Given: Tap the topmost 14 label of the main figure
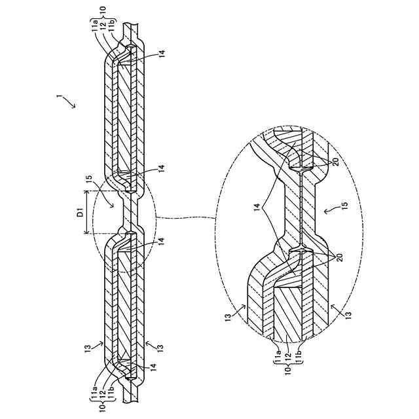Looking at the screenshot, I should [162, 50].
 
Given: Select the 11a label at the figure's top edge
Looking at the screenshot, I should [96, 27].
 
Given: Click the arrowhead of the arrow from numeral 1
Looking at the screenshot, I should [73, 107].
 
